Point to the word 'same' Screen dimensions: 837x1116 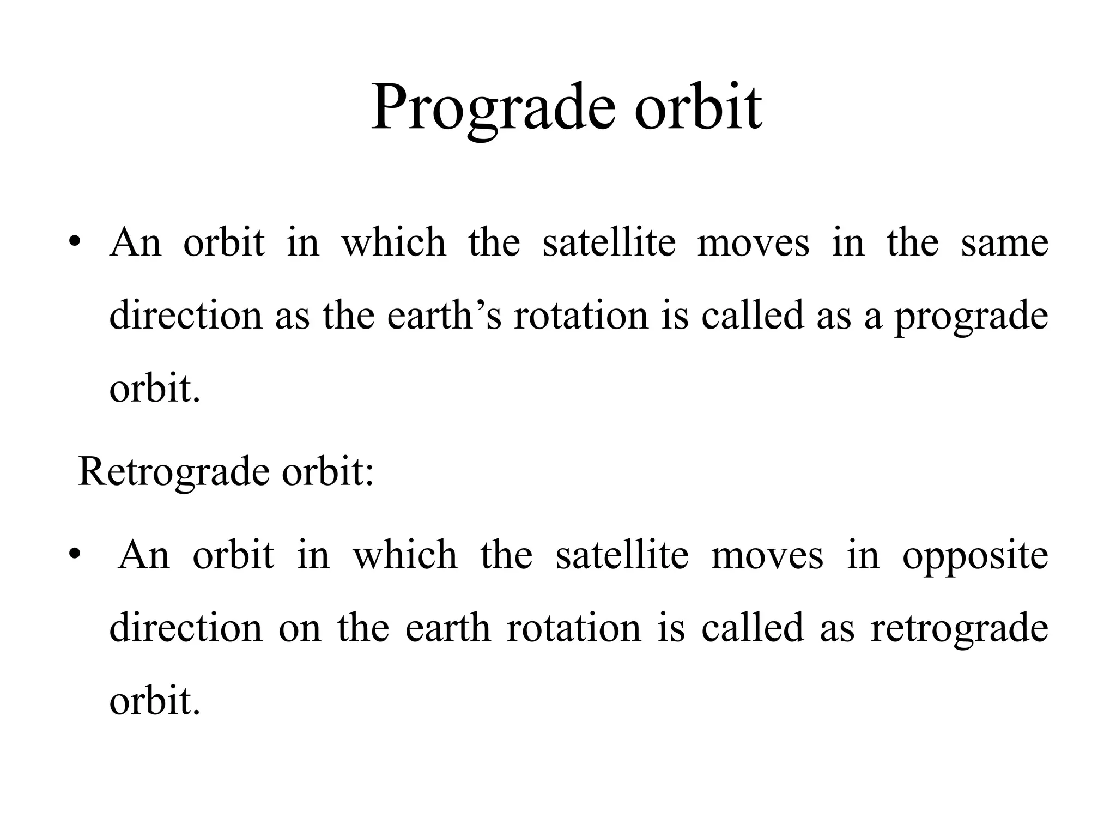click(x=1004, y=242)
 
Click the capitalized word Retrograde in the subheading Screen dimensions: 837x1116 click(x=174, y=471)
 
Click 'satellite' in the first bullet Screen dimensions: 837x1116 click(x=609, y=242)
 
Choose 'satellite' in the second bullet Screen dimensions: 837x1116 click(x=622, y=555)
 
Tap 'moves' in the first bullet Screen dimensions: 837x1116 click(x=753, y=244)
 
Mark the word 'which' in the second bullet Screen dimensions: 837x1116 click(x=405, y=555)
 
